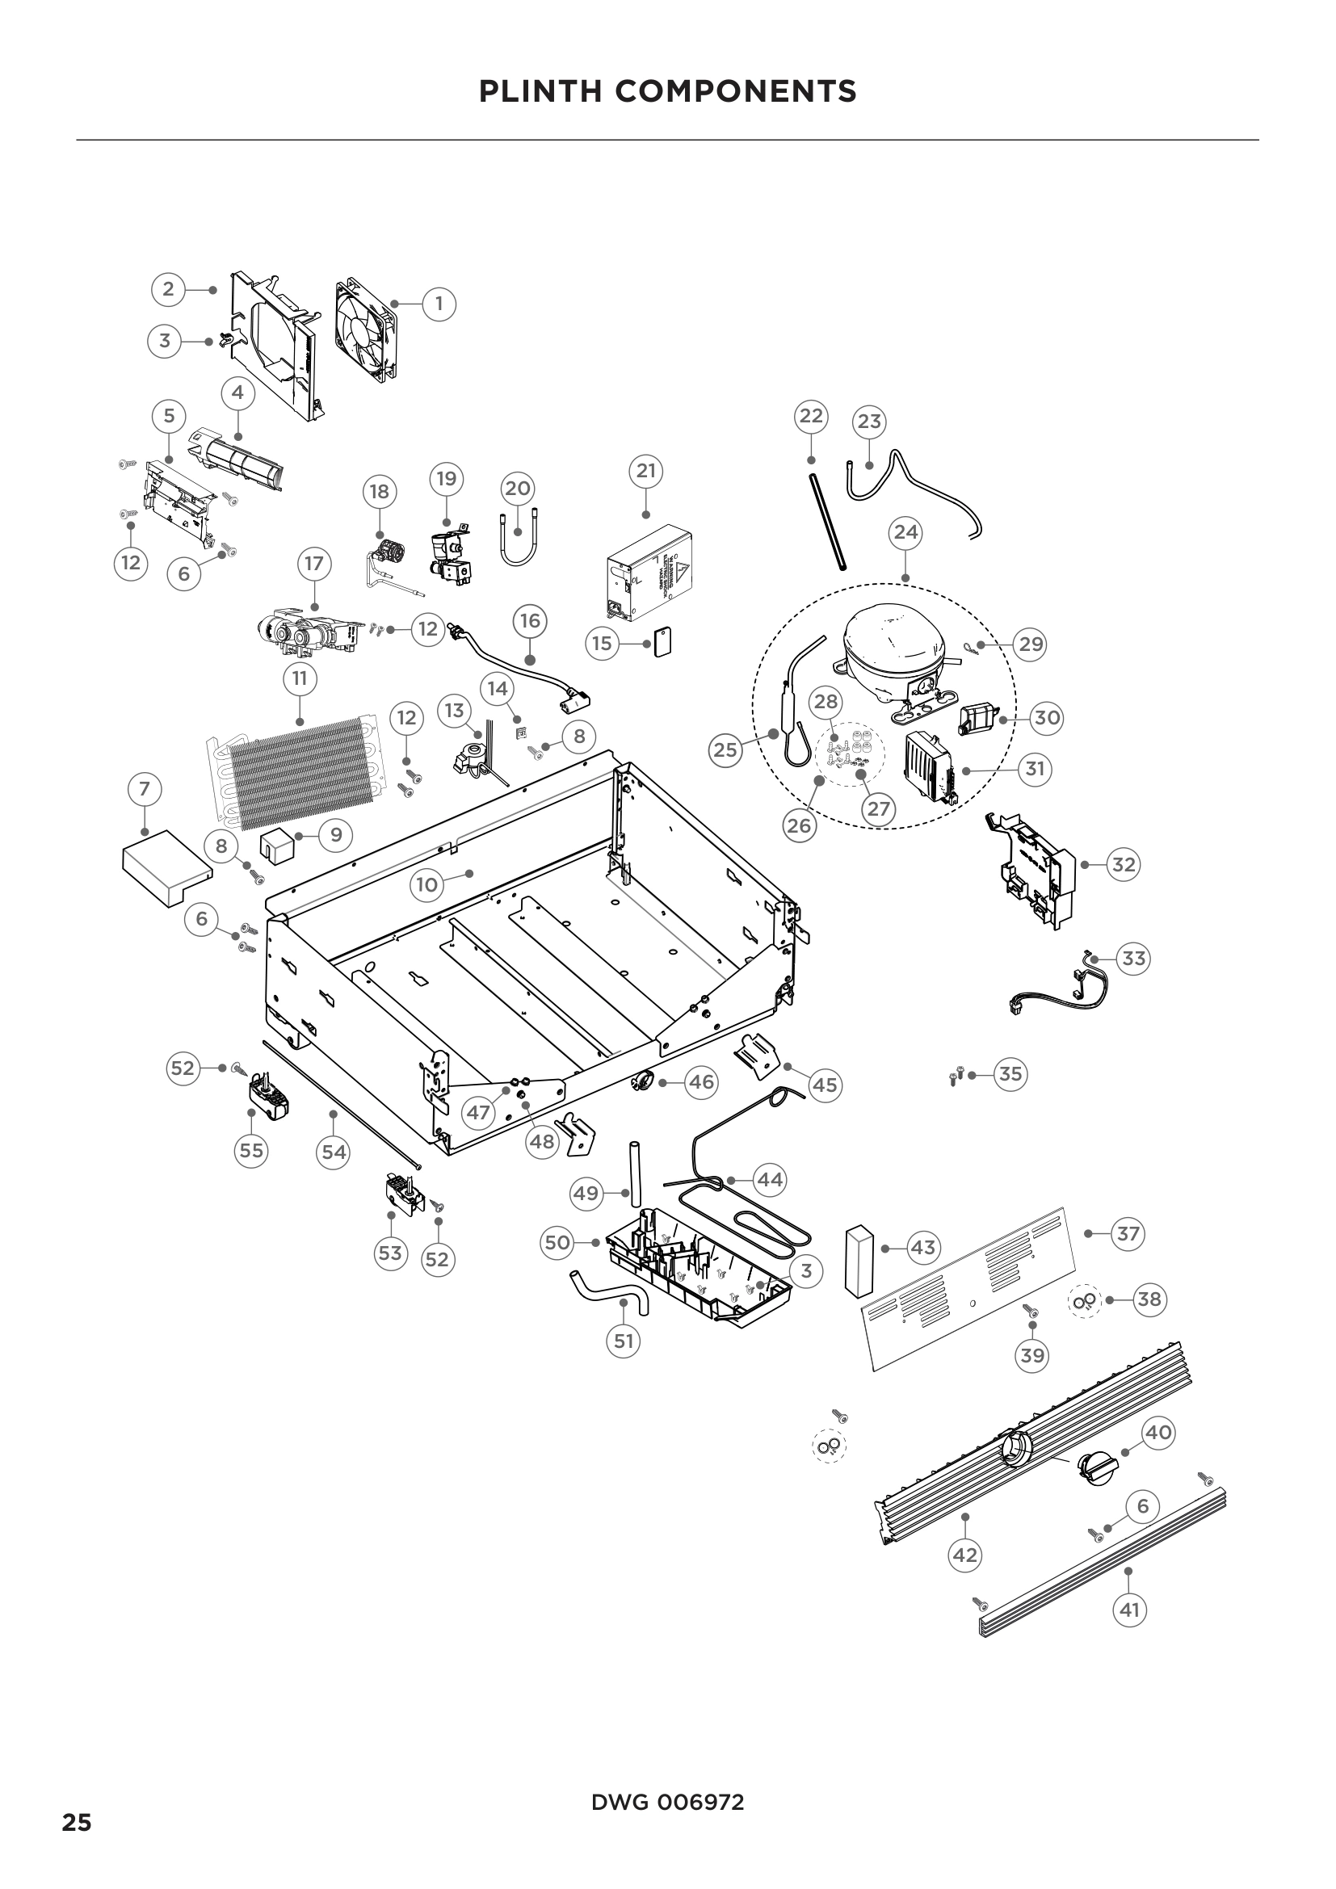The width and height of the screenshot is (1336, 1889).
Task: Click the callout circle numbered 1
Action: (439, 304)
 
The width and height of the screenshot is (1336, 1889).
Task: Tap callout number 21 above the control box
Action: (646, 471)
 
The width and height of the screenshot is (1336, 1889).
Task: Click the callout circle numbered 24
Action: (905, 532)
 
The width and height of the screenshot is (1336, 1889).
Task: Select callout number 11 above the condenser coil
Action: (299, 678)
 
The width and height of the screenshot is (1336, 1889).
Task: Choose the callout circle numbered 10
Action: (427, 884)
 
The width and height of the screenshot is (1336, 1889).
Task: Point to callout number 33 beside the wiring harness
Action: (1133, 959)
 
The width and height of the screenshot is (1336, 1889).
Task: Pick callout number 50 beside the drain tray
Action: (558, 1242)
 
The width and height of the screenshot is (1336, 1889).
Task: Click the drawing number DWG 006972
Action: (667, 1803)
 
